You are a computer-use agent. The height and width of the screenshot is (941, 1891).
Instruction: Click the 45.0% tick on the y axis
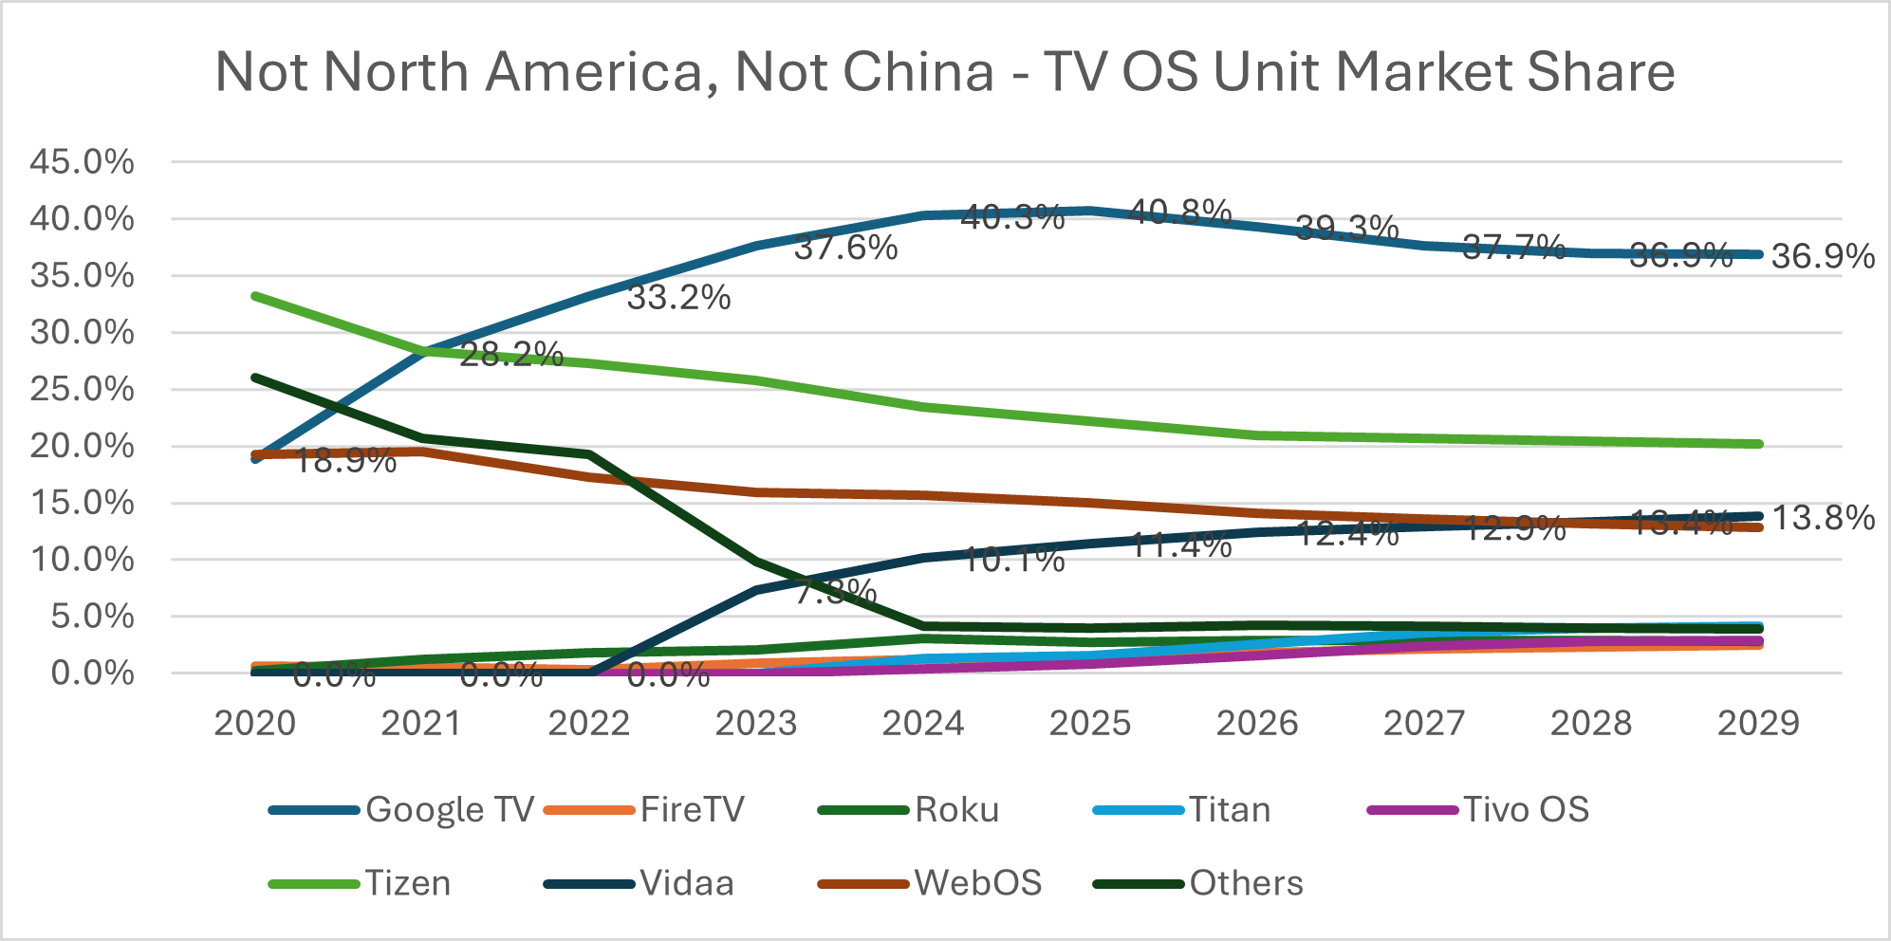[82, 162]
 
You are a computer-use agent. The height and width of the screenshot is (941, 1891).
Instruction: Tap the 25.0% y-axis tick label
[82, 389]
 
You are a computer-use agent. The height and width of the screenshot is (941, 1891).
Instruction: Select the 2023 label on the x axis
[755, 724]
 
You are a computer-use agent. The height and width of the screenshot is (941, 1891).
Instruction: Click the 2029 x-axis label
[1758, 724]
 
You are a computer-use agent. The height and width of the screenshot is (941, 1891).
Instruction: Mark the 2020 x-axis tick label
[255, 724]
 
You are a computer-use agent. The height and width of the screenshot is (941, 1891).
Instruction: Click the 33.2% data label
[678, 298]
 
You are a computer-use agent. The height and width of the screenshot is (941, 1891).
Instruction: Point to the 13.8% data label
[1823, 518]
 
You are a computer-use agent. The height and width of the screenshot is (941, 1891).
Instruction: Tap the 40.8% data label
[1180, 212]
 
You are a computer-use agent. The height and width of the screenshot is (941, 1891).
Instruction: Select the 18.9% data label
[344, 461]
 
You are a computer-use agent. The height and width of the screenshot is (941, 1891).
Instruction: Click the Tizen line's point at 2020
[255, 296]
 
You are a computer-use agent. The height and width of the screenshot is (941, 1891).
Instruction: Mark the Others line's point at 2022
[589, 454]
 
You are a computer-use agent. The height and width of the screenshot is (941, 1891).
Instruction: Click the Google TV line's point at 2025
[1090, 210]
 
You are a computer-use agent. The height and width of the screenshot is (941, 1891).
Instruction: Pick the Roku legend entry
[956, 809]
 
